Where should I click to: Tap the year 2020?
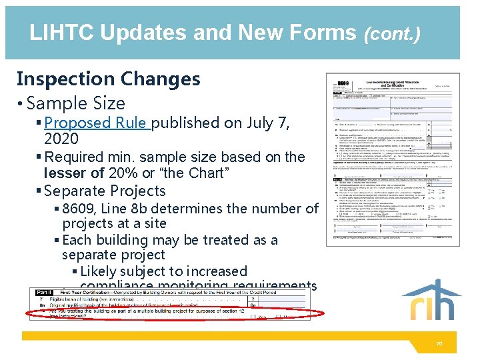pyautogui.click(x=61, y=139)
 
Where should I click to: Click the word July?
pyautogui.click(x=260, y=123)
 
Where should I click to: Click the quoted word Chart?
pyautogui.click(x=207, y=173)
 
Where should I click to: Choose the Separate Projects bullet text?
pyautogui.click(x=104, y=191)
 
